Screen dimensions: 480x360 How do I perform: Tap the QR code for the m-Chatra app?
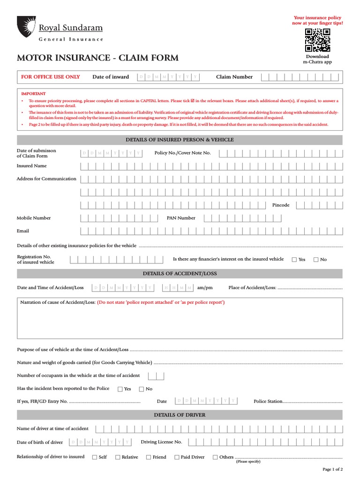pyautogui.click(x=317, y=40)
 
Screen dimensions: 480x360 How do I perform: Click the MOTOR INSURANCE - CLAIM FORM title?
pyautogui.click(x=97, y=58)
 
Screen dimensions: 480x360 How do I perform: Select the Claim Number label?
pyautogui.click(x=234, y=77)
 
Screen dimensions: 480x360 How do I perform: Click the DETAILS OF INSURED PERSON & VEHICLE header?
pyautogui.click(x=180, y=140)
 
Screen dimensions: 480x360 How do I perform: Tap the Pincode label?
pyautogui.click(x=281, y=205)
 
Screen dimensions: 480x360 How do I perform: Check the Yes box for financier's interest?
pyautogui.click(x=294, y=260)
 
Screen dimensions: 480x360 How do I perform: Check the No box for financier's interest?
pyautogui.click(x=316, y=260)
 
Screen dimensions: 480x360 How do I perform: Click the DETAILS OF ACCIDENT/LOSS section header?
pyautogui.click(x=180, y=273)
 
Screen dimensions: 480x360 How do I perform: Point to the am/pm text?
pyautogui.click(x=205, y=287)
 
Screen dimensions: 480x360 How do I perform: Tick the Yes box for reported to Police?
pyautogui.click(x=120, y=389)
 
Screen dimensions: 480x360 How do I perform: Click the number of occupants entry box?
pyautogui.click(x=156, y=375)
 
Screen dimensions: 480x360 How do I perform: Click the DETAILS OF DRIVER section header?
pyautogui.click(x=180, y=415)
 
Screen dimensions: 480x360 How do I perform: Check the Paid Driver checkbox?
pyautogui.click(x=177, y=457)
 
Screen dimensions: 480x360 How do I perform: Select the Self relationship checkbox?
pyautogui.click(x=95, y=457)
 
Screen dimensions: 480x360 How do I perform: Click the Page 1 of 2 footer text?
pyautogui.click(x=333, y=469)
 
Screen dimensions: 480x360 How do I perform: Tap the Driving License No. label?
pyautogui.click(x=161, y=442)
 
